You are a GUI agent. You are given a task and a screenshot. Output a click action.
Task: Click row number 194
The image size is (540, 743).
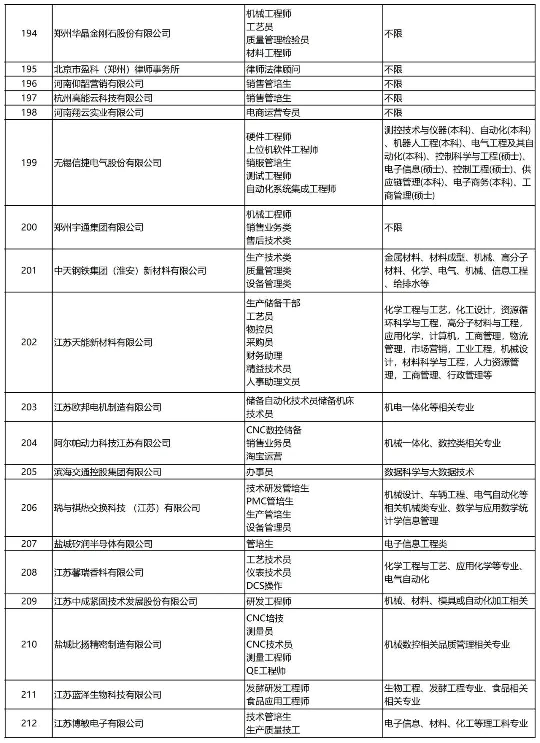pos(29,33)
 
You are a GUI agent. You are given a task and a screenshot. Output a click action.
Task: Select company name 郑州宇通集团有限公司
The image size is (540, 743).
pos(98,227)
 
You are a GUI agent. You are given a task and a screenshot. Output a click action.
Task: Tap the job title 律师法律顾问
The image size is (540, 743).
pos(273,69)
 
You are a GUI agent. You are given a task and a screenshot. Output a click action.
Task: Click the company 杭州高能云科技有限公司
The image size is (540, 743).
pos(103,98)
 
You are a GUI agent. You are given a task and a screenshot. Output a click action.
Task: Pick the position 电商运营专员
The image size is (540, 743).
pos(273,113)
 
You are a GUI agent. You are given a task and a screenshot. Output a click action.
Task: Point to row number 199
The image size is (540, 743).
pos(29,163)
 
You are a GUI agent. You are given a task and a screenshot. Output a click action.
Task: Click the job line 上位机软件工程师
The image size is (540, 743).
pos(282,150)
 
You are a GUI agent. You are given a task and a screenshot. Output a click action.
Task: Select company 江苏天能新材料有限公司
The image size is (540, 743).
pos(103,342)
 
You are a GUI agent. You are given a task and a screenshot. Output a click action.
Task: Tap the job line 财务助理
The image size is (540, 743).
pos(264,356)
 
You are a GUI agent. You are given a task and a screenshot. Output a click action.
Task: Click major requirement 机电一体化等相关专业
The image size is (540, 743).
pos(429,407)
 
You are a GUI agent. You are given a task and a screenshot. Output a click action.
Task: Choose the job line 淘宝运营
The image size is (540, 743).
pos(264,456)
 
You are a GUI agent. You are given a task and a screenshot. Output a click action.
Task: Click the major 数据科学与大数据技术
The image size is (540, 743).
pos(429,472)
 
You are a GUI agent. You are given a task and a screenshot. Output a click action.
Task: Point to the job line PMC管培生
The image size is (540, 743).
pos(269,501)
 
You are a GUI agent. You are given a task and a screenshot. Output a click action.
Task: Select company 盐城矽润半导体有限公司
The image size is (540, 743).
pos(103,544)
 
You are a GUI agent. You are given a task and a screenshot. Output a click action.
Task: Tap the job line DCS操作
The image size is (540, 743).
pos(264,586)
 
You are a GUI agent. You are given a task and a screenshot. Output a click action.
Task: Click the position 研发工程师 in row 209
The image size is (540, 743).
pos(268,601)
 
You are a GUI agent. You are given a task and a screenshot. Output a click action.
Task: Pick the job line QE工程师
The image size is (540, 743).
pos(266,671)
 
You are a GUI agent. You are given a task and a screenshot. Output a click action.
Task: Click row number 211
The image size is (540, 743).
pos(29,695)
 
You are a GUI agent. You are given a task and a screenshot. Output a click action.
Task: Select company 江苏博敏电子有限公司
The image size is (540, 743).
pos(98,723)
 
